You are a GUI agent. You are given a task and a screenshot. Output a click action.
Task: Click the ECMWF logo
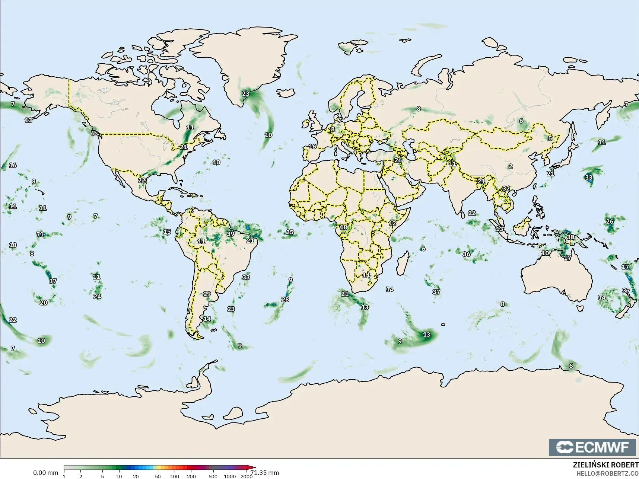point(592,447)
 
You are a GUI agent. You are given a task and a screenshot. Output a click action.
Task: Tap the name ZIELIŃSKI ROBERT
point(605,465)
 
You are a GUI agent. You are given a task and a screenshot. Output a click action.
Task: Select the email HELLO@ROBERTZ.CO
point(607,473)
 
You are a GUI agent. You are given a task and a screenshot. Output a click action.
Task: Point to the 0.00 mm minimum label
point(45,473)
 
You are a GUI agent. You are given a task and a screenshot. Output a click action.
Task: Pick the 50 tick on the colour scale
point(158,476)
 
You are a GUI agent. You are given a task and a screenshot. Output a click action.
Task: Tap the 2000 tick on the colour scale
point(247,476)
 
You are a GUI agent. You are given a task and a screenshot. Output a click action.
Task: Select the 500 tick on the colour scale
point(213,476)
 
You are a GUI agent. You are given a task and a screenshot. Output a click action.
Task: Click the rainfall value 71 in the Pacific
point(40,234)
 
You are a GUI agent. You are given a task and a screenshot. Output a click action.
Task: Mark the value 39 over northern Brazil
point(231,234)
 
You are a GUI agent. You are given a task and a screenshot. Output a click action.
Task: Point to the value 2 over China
point(510,166)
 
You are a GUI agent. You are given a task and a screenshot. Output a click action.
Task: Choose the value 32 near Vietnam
point(506,188)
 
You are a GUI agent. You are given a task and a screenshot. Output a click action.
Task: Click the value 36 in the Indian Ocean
point(466,254)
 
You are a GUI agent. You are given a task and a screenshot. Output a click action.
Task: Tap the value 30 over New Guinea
point(570,237)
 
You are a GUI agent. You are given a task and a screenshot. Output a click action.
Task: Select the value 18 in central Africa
point(343,227)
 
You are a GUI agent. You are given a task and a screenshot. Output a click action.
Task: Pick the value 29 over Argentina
point(207,294)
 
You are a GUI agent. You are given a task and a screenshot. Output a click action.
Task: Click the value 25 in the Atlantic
point(289,232)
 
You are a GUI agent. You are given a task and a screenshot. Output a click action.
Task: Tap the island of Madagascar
point(401,262)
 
